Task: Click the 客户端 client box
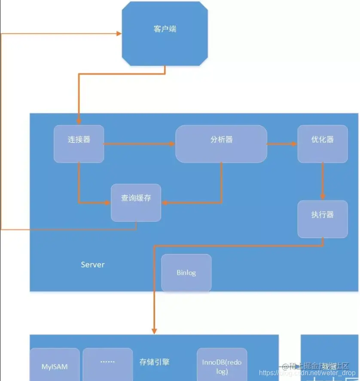click(165, 33)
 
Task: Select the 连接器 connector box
click(79, 144)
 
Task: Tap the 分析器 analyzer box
click(221, 144)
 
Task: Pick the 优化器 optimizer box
click(323, 144)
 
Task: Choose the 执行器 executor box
click(323, 219)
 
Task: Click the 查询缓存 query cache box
click(136, 203)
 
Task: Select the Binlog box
click(186, 273)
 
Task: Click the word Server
click(93, 265)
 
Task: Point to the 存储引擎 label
click(155, 362)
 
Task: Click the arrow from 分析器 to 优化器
click(282, 144)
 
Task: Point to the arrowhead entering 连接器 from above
click(79, 121)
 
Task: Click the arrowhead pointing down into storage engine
click(154, 330)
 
